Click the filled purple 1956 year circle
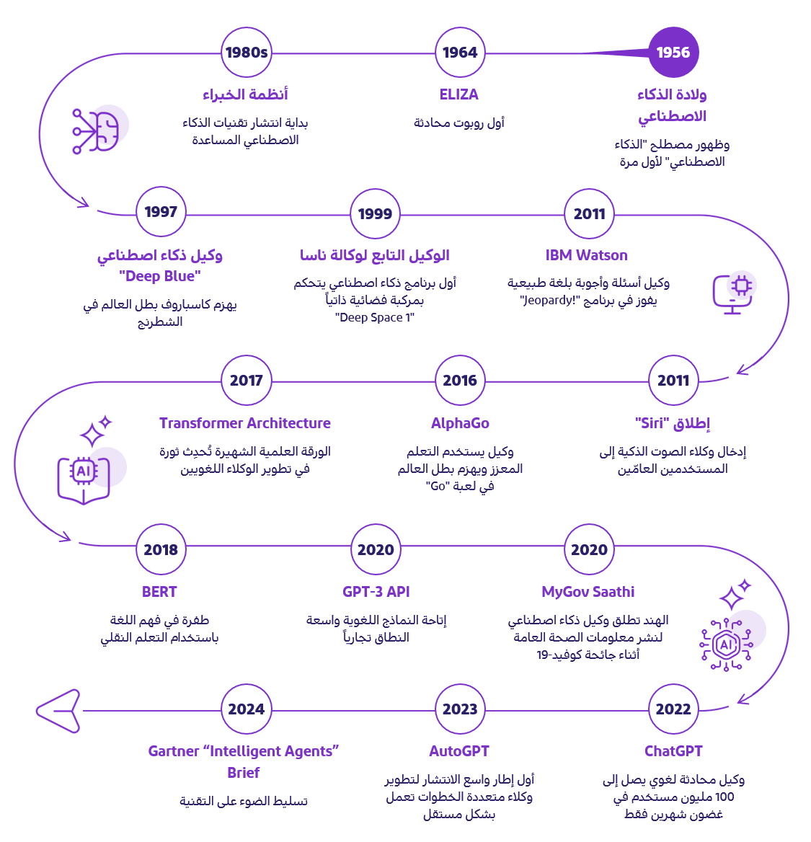[673, 53]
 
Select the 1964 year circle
[460, 53]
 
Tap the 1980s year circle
[246, 53]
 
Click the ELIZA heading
[459, 94]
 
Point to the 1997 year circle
[161, 212]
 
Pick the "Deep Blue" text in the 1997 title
[160, 276]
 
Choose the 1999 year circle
[375, 213]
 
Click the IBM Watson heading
[587, 255]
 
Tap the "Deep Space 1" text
[375, 317]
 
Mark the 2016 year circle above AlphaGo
[460, 381]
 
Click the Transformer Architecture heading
[245, 423]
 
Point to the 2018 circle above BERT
[161, 550]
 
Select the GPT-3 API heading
[376, 592]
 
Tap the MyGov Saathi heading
[588, 592]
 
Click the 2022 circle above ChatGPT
[673, 709]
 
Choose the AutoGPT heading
[459, 751]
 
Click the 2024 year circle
[246, 709]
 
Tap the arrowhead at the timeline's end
[61, 712]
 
